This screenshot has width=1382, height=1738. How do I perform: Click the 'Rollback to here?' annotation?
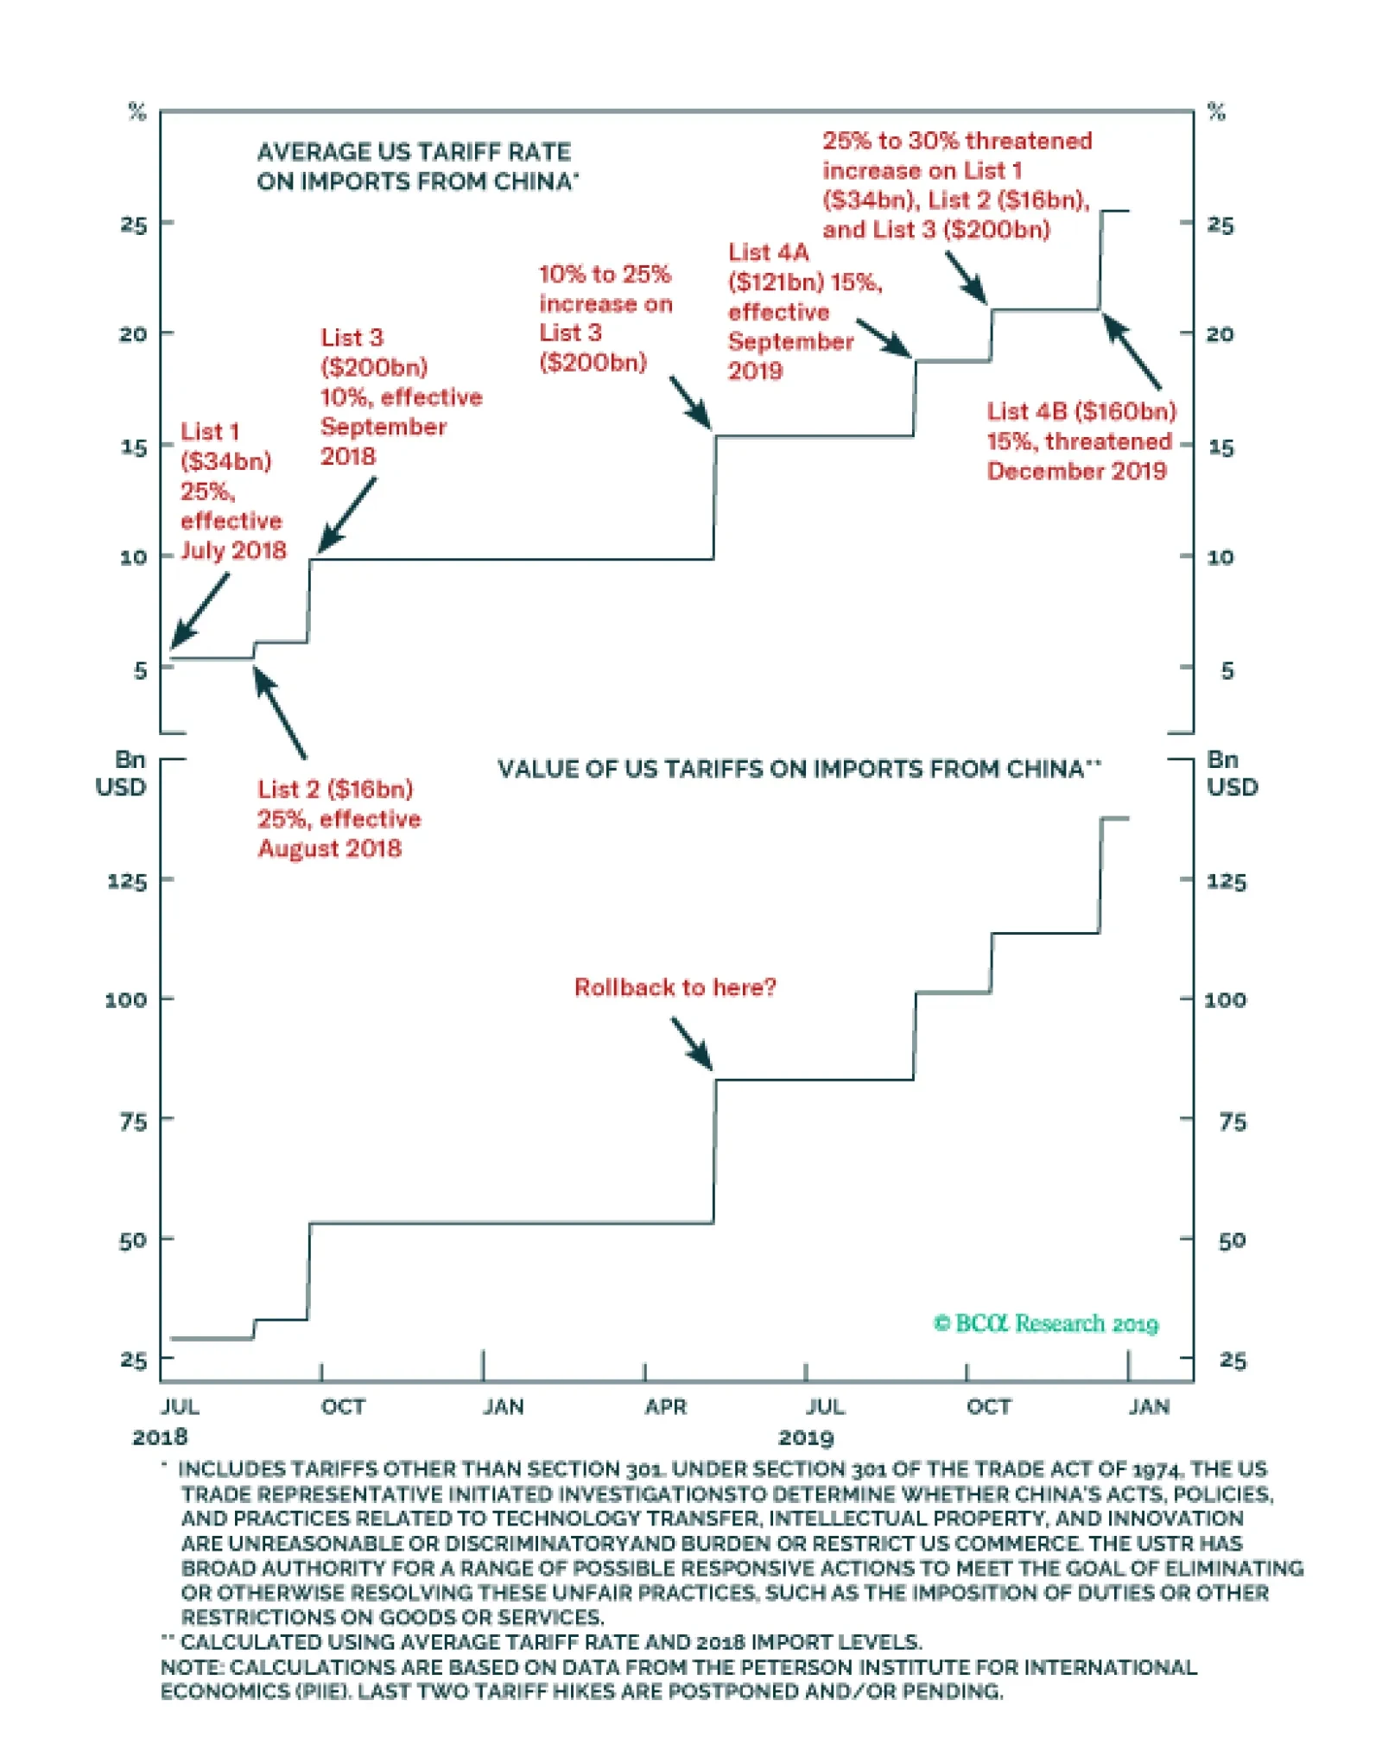[x=675, y=987]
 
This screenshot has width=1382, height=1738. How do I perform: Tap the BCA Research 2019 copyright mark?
[x=1045, y=1323]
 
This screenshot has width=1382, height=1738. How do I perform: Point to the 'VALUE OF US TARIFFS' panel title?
[x=798, y=769]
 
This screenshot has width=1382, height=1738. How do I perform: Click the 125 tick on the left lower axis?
[x=126, y=882]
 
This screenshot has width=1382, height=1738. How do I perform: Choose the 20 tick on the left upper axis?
[x=133, y=334]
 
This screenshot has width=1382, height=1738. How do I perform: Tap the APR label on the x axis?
[x=665, y=1407]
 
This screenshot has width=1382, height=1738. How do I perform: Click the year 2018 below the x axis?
[x=160, y=1437]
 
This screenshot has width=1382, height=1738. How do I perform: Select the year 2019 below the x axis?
[x=806, y=1438]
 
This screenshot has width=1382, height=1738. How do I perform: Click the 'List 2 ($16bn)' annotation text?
[x=335, y=790]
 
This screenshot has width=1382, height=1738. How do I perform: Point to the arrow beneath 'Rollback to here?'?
[x=693, y=1043]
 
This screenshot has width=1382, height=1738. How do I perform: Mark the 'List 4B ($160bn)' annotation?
[x=1081, y=412]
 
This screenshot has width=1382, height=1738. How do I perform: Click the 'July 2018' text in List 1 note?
[x=233, y=551]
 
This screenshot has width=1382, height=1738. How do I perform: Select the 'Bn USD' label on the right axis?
[x=1232, y=773]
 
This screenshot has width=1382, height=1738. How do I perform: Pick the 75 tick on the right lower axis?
[x=1233, y=1122]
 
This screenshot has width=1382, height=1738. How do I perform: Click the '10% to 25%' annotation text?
[x=605, y=275]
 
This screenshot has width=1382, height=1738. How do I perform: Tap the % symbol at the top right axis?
[x=1216, y=111]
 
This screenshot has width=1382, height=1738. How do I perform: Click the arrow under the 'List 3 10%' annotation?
[x=347, y=515]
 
